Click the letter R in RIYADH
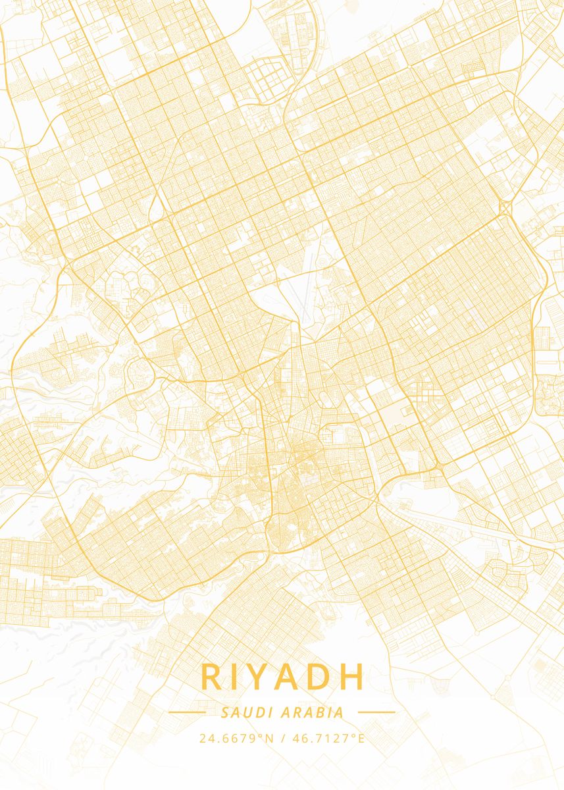tap(212, 677)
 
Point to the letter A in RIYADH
tap(291, 677)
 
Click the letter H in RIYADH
tap(352, 677)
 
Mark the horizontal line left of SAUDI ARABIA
tap(187, 712)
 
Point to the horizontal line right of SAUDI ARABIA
tap(376, 712)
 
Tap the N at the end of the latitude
tap(269, 738)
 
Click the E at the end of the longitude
tap(361, 738)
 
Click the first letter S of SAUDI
tap(226, 712)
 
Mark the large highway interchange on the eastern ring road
tap(505, 208)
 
